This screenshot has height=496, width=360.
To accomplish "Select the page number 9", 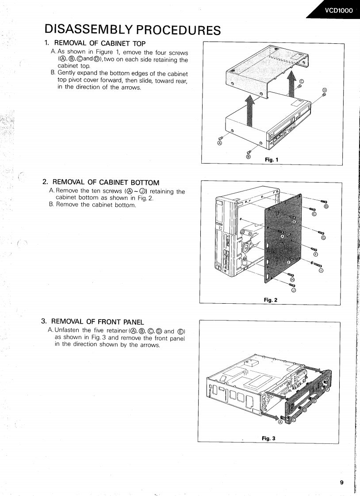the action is click(341, 482).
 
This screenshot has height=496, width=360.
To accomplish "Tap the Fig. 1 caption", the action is click(271, 160).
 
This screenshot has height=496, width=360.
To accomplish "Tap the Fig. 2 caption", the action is click(270, 300).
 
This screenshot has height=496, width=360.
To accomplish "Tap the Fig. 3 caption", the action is click(268, 438).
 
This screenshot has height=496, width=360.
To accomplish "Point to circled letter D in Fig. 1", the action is click(324, 90).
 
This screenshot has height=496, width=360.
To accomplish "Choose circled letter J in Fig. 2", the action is click(293, 290).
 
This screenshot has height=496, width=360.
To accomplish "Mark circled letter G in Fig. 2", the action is click(323, 238).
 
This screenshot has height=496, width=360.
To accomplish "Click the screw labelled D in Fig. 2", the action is click(323, 201).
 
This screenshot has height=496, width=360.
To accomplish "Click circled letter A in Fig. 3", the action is click(280, 422).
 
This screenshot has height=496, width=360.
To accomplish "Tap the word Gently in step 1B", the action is click(68, 73).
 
